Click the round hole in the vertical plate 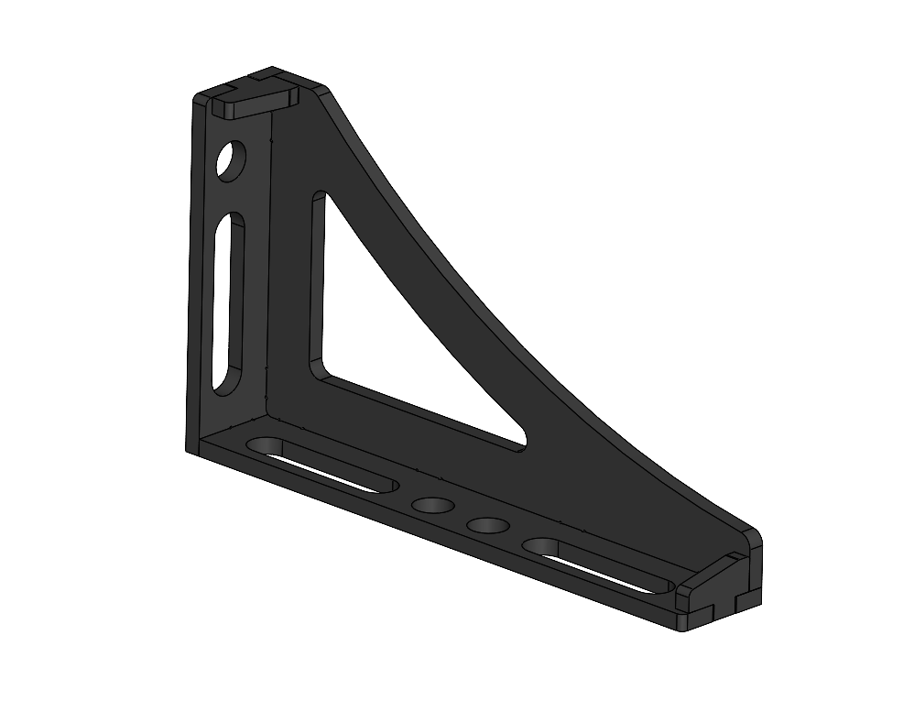tap(233, 160)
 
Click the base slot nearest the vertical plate tap(321, 466)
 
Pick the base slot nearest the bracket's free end tap(600, 564)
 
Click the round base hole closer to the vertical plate tap(433, 505)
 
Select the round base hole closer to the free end tap(487, 525)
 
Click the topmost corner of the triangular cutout tap(319, 196)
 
